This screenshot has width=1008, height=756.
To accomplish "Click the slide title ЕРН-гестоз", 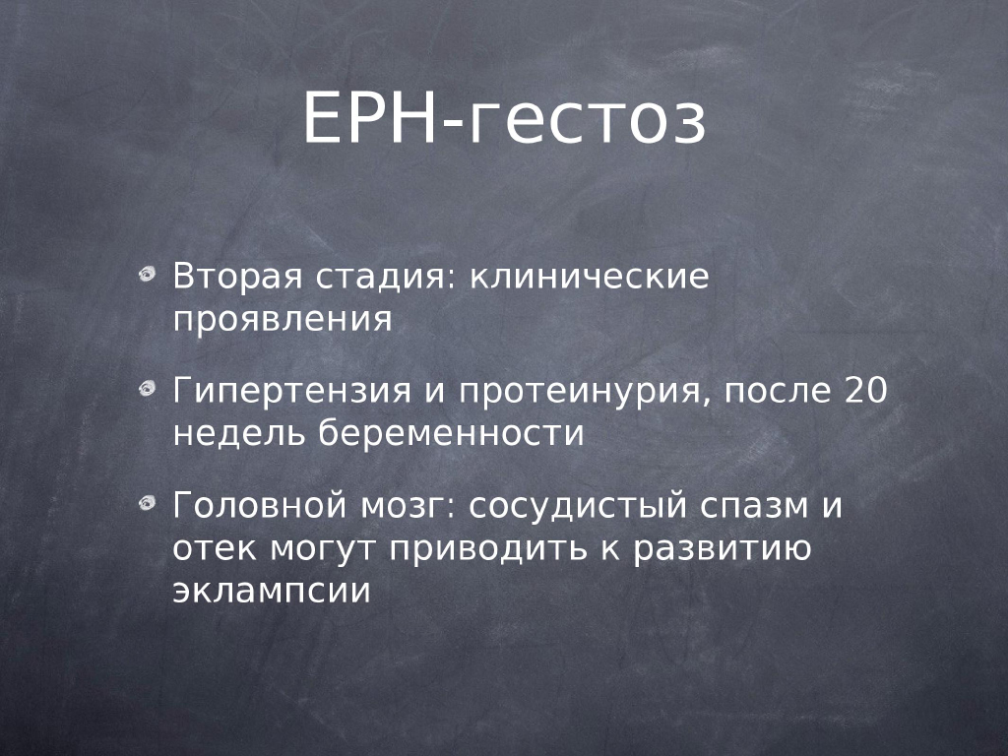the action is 505,118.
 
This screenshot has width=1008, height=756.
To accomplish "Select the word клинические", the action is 589,277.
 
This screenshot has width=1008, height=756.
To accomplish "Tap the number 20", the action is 865,390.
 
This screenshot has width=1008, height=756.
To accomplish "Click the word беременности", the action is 451,433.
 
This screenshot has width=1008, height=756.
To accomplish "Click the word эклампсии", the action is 272,592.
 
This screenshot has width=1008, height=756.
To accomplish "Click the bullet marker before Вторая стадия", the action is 148,275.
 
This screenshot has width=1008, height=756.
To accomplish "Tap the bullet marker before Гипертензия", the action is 148,389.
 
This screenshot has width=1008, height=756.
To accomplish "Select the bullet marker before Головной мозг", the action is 148,502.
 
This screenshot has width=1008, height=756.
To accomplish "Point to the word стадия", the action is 386,277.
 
